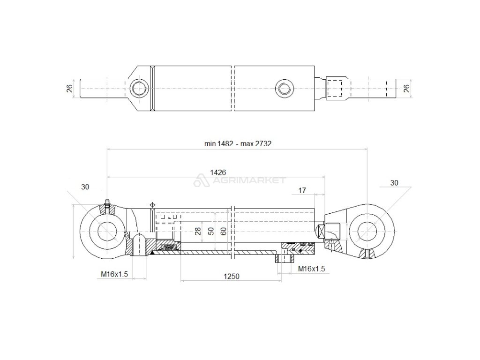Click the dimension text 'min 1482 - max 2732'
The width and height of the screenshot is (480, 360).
pos(238,144)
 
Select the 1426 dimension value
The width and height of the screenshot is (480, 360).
pos(217,172)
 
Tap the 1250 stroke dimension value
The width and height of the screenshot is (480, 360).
pos(231,277)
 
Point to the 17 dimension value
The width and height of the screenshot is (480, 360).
pos(302,190)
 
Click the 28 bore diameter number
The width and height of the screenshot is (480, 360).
pos(198,231)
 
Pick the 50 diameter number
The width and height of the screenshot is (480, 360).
pos(211,231)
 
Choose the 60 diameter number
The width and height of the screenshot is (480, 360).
pos(224,231)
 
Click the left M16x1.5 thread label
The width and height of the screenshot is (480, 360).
pos(114,274)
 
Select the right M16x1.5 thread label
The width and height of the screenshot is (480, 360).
pos(312,269)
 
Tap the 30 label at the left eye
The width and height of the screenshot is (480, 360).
pos(85,187)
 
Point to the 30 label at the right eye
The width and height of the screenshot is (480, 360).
pos(394,182)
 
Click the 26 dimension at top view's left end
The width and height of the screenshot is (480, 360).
pos(69,88)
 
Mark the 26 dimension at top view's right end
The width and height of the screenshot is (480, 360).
pos(407,88)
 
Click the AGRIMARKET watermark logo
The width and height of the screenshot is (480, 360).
pos(240,180)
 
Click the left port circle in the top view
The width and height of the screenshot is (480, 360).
pos(139,88)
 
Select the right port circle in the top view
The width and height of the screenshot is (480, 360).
pos(284,88)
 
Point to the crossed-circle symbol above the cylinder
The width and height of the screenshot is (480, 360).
pos(151,205)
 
